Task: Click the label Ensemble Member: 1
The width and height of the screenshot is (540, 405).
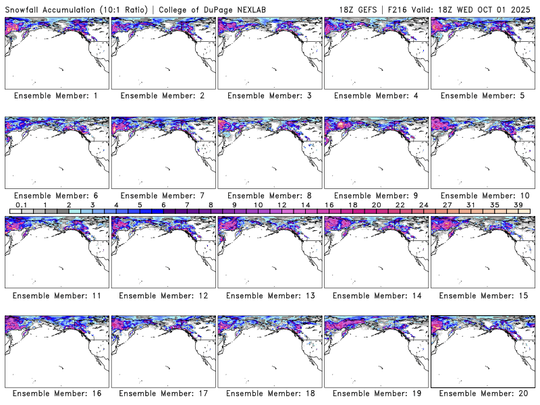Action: click(x=55, y=96)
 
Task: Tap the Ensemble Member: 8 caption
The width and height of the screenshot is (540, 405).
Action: click(x=268, y=196)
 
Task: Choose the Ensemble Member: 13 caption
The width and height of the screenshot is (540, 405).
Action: click(x=268, y=296)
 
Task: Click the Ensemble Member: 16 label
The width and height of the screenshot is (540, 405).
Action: click(x=55, y=393)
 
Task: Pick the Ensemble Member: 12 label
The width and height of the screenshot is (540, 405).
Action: click(x=162, y=296)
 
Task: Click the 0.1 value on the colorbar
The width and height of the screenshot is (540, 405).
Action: click(x=21, y=205)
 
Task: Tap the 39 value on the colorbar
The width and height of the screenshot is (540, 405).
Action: click(x=518, y=205)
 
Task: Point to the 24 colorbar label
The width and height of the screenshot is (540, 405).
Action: click(x=423, y=205)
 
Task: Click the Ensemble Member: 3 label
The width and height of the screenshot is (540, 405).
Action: click(x=268, y=96)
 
